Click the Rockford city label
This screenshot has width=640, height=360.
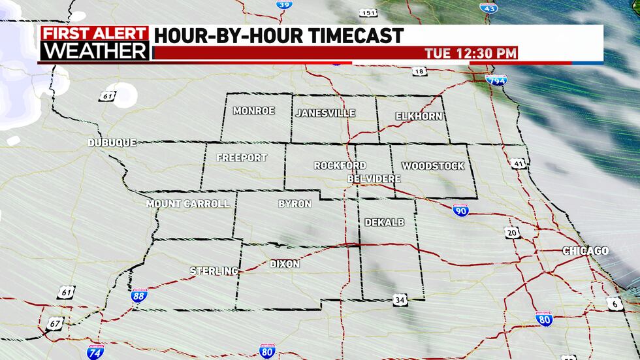click(340, 165)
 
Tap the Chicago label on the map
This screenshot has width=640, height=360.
click(586, 251)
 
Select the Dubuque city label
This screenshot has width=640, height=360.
click(112, 142)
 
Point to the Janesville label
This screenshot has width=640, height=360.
click(325, 113)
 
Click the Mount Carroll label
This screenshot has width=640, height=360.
click(187, 204)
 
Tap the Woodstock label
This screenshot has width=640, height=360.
click(433, 166)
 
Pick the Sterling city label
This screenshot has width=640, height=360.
click(214, 270)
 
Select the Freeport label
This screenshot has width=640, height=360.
click(242, 157)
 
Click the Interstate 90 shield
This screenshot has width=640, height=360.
click(460, 210)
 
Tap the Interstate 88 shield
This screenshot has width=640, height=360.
click(138, 295)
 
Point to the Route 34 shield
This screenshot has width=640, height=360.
click(400, 300)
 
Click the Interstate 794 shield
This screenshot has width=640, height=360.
click(496, 78)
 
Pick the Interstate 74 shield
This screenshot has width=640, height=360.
click(95, 352)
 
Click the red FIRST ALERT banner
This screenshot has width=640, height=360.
click(95, 33)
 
